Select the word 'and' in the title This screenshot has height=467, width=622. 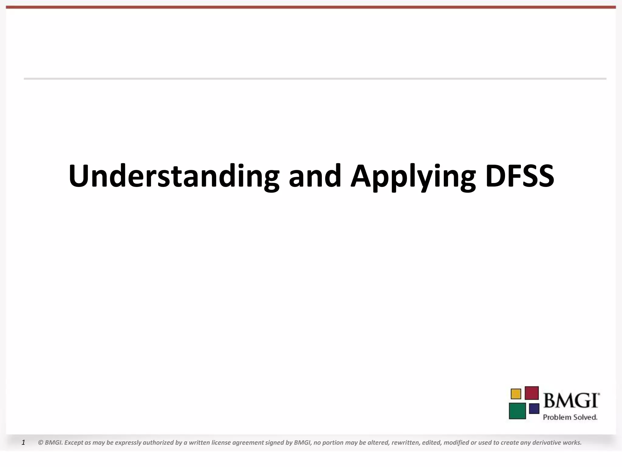pos(315,176)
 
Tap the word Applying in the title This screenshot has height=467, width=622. pos(413,176)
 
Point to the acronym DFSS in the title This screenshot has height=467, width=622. pos(520,176)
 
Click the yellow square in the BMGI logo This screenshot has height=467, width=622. pos(516,394)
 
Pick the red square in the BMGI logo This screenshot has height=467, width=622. pos(531,393)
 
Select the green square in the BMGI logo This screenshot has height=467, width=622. pos(517,411)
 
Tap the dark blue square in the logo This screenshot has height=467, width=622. pos(534,409)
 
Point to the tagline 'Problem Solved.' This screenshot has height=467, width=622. pos(570,417)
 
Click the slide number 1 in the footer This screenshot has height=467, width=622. pos(23,443)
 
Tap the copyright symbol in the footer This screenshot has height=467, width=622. pos(40,443)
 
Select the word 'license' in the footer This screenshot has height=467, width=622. pos(221,443)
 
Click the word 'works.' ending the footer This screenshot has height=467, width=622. pos(572,443)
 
